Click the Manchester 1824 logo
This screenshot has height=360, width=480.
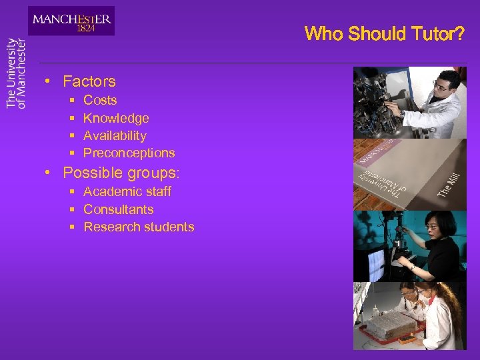pyautogui.click(x=71, y=21)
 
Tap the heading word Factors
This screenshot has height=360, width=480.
pyautogui.click(x=89, y=82)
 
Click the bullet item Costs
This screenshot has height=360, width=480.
pyautogui.click(x=100, y=101)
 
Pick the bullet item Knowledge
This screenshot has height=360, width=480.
pyautogui.click(x=116, y=118)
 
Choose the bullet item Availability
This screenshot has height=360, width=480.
pyautogui.click(x=115, y=135)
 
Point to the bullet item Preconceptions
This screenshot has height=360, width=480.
pyautogui.click(x=129, y=153)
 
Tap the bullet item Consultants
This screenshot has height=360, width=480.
pyautogui.click(x=118, y=209)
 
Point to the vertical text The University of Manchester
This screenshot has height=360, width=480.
pyautogui.click(x=16, y=73)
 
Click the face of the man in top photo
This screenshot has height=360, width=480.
pyautogui.click(x=442, y=85)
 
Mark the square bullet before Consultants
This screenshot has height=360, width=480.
pyautogui.click(x=71, y=209)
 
